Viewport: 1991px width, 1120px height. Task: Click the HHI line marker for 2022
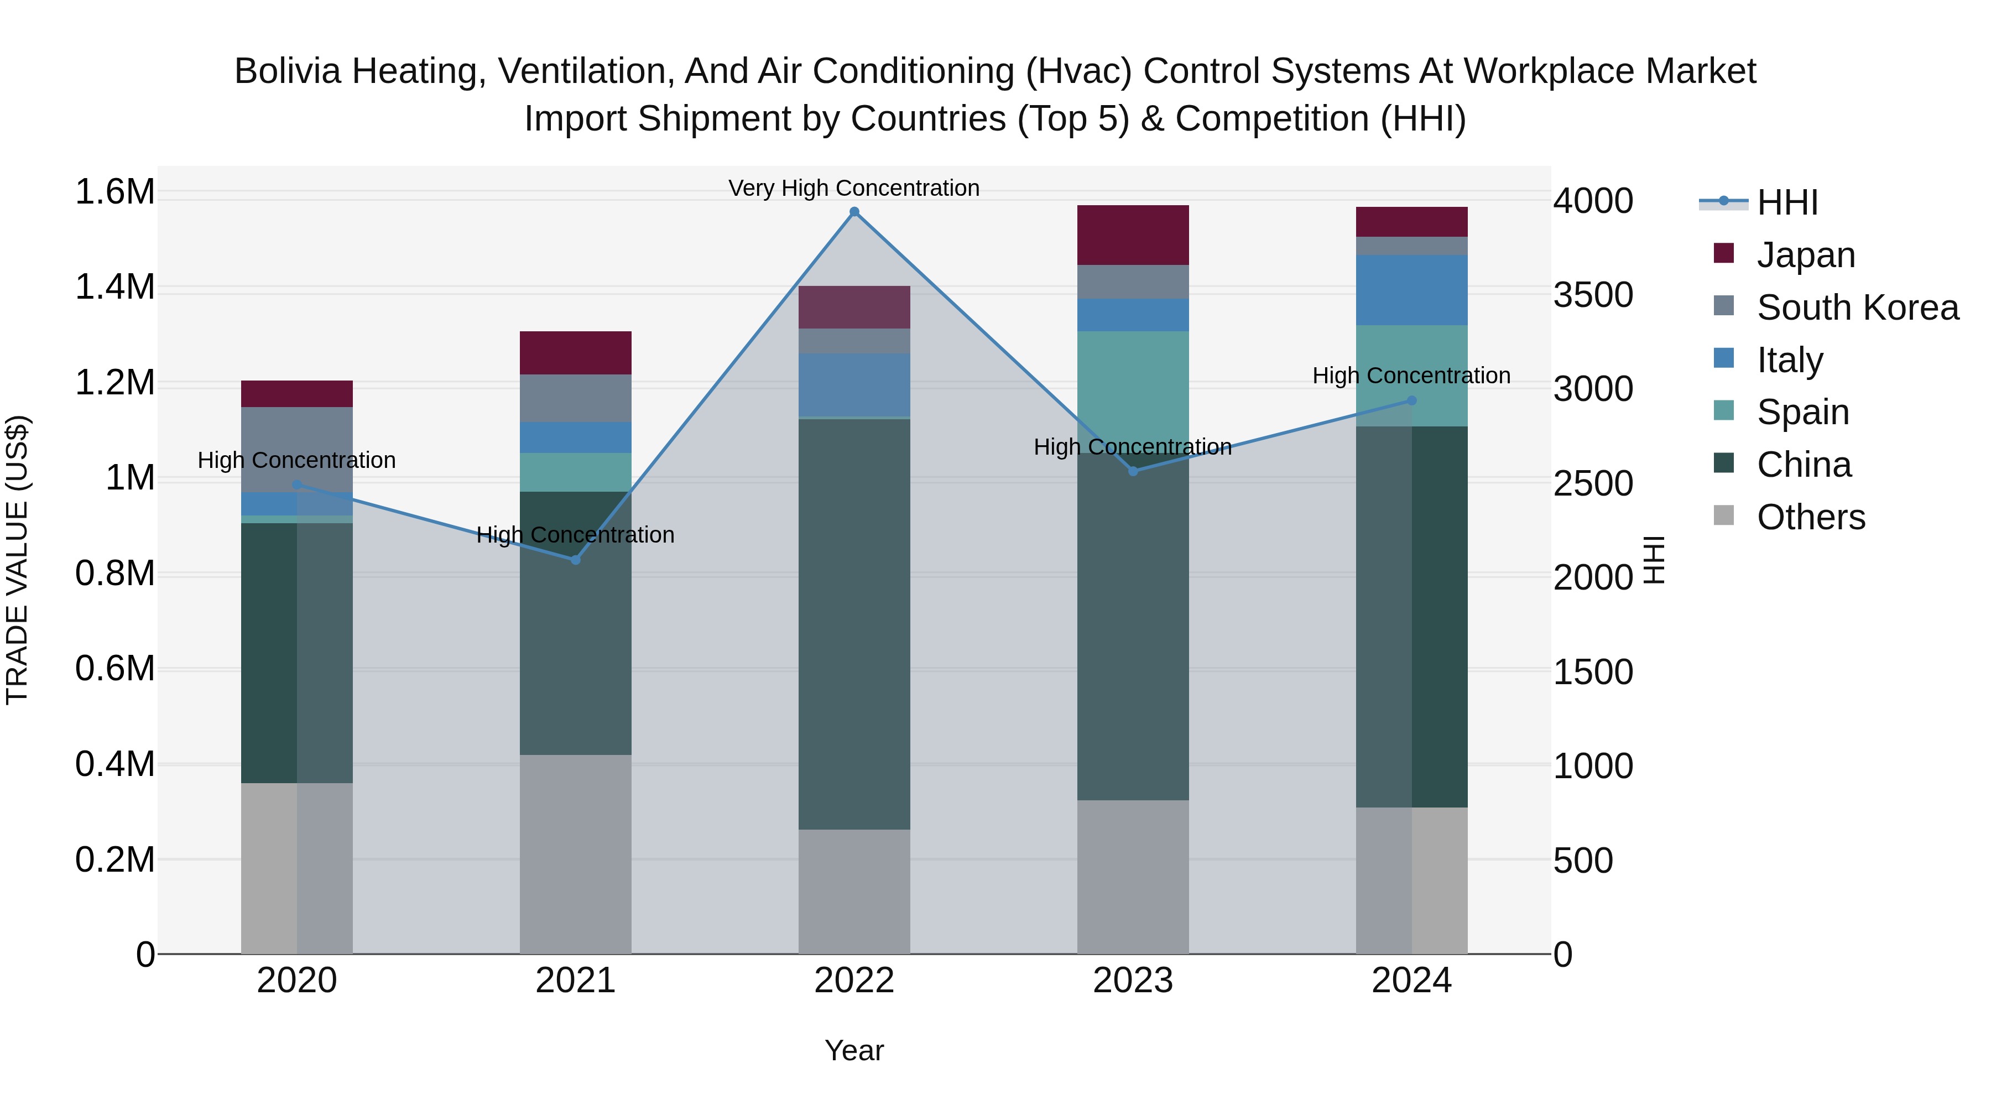pyautogui.click(x=854, y=212)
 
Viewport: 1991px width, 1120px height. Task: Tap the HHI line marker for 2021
pyautogui.click(x=575, y=560)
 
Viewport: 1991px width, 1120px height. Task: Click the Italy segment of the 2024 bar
pyautogui.click(x=1411, y=290)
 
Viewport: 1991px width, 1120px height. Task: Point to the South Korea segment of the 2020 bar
pyautogui.click(x=297, y=449)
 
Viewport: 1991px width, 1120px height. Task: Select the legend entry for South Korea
pyautogui.click(x=1857, y=308)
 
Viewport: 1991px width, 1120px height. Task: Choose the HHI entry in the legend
pyautogui.click(x=1786, y=202)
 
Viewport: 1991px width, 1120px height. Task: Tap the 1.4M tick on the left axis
pyautogui.click(x=114, y=288)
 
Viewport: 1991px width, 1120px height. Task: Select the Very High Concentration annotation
pyautogui.click(x=854, y=188)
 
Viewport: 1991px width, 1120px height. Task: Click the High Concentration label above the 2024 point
pyautogui.click(x=1411, y=376)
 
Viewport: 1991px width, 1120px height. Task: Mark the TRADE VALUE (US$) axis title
pyautogui.click(x=18, y=560)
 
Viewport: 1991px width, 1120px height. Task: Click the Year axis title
pyautogui.click(x=854, y=1050)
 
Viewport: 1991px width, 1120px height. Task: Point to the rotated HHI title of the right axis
pyautogui.click(x=1653, y=560)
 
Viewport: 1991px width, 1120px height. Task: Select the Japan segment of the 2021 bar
pyautogui.click(x=575, y=352)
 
